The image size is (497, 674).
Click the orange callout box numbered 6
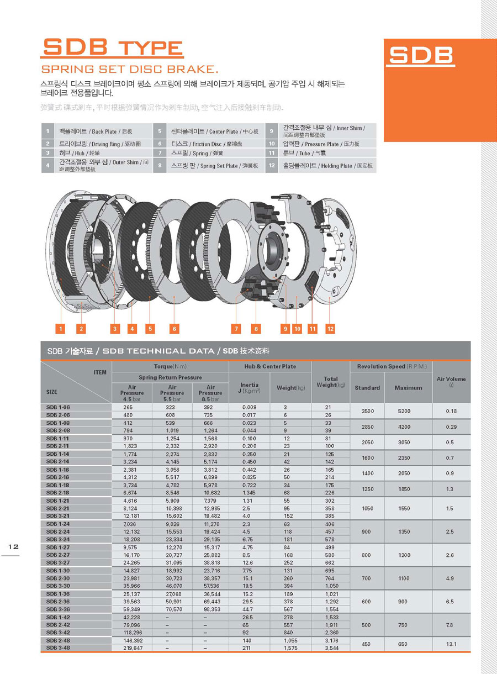[174, 329]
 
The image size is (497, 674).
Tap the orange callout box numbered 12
[330, 329]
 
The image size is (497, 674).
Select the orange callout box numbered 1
[61, 329]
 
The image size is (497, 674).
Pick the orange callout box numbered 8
[256, 329]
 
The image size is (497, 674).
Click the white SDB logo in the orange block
[421, 55]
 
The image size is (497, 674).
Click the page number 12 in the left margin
[13, 546]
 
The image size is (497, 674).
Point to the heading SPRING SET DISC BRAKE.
[130, 70]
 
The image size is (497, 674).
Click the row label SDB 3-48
[58, 647]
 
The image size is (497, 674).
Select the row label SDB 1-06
[58, 407]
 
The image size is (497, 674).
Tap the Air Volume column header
[451, 381]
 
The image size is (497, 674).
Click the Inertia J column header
[250, 387]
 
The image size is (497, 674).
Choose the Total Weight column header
[330, 382]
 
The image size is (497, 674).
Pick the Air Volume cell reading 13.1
[451, 644]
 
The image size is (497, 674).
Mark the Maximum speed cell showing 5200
[408, 411]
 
